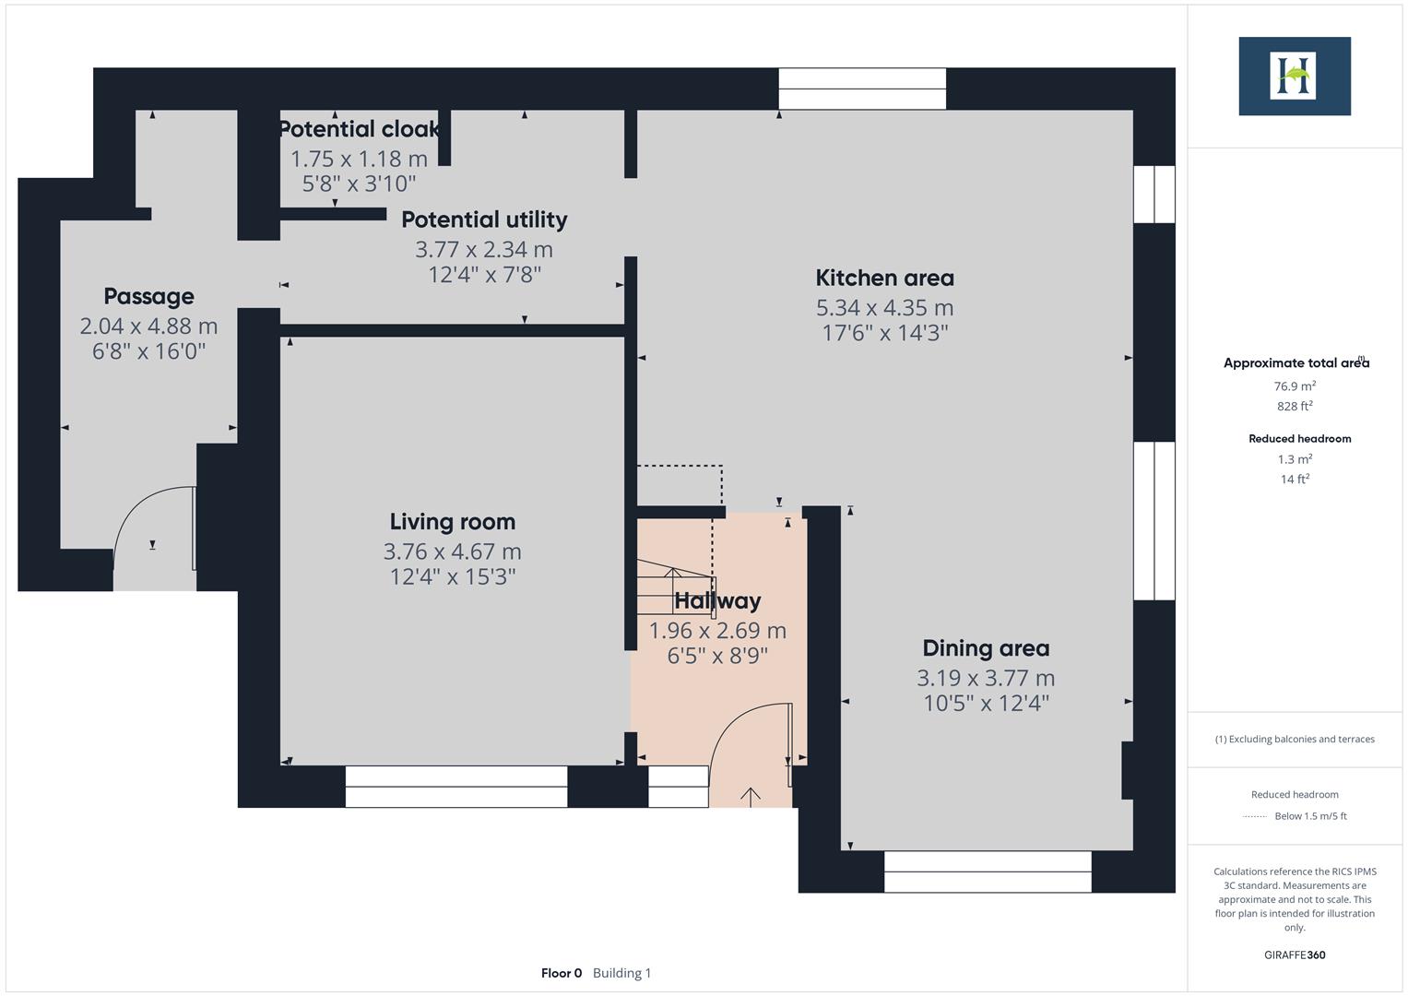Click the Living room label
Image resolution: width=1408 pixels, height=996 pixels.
click(x=452, y=522)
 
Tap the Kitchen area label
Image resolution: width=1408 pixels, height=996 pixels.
click(x=884, y=278)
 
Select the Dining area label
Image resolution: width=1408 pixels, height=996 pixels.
click(x=986, y=648)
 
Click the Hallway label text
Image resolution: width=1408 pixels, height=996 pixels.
click(x=717, y=601)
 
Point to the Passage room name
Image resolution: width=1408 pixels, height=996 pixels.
click(x=148, y=296)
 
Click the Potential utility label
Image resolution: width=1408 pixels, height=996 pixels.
click(x=484, y=219)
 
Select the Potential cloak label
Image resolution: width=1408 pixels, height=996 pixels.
click(x=359, y=129)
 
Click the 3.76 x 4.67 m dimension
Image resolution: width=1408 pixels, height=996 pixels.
click(x=452, y=551)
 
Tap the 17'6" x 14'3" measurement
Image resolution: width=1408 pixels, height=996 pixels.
click(x=884, y=333)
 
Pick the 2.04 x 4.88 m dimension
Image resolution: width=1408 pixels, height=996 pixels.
click(x=148, y=326)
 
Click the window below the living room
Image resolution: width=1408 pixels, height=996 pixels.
click(x=456, y=787)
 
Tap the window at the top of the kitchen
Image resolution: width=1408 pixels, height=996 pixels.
click(x=862, y=89)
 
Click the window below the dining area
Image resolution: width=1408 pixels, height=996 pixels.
click(x=988, y=871)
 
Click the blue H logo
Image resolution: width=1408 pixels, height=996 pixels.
click(x=1294, y=76)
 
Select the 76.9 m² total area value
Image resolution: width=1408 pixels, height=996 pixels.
click(x=1295, y=386)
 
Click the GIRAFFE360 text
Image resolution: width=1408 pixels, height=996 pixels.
click(x=1295, y=954)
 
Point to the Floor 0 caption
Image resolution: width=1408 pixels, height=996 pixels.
click(x=562, y=973)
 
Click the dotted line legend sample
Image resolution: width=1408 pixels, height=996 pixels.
click(x=1255, y=816)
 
